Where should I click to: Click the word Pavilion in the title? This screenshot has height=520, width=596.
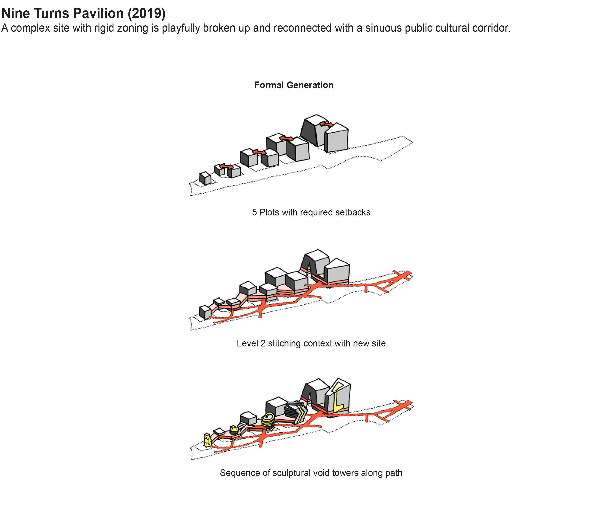click(x=98, y=13)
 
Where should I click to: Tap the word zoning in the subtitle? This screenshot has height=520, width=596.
click(x=135, y=28)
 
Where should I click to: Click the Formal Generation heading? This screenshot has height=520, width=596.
click(x=294, y=85)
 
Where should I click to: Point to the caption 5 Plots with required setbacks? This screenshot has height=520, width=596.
click(x=311, y=212)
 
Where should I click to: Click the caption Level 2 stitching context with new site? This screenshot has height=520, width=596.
click(x=311, y=343)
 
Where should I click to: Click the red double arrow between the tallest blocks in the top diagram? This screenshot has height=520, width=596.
click(x=326, y=124)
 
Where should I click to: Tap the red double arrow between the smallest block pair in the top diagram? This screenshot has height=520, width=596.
click(x=226, y=167)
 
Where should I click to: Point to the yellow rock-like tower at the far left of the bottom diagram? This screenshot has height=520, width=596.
click(x=207, y=440)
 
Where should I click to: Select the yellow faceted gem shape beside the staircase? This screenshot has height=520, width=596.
click(x=234, y=430)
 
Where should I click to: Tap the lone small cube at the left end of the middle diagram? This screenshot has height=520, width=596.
click(x=205, y=312)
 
